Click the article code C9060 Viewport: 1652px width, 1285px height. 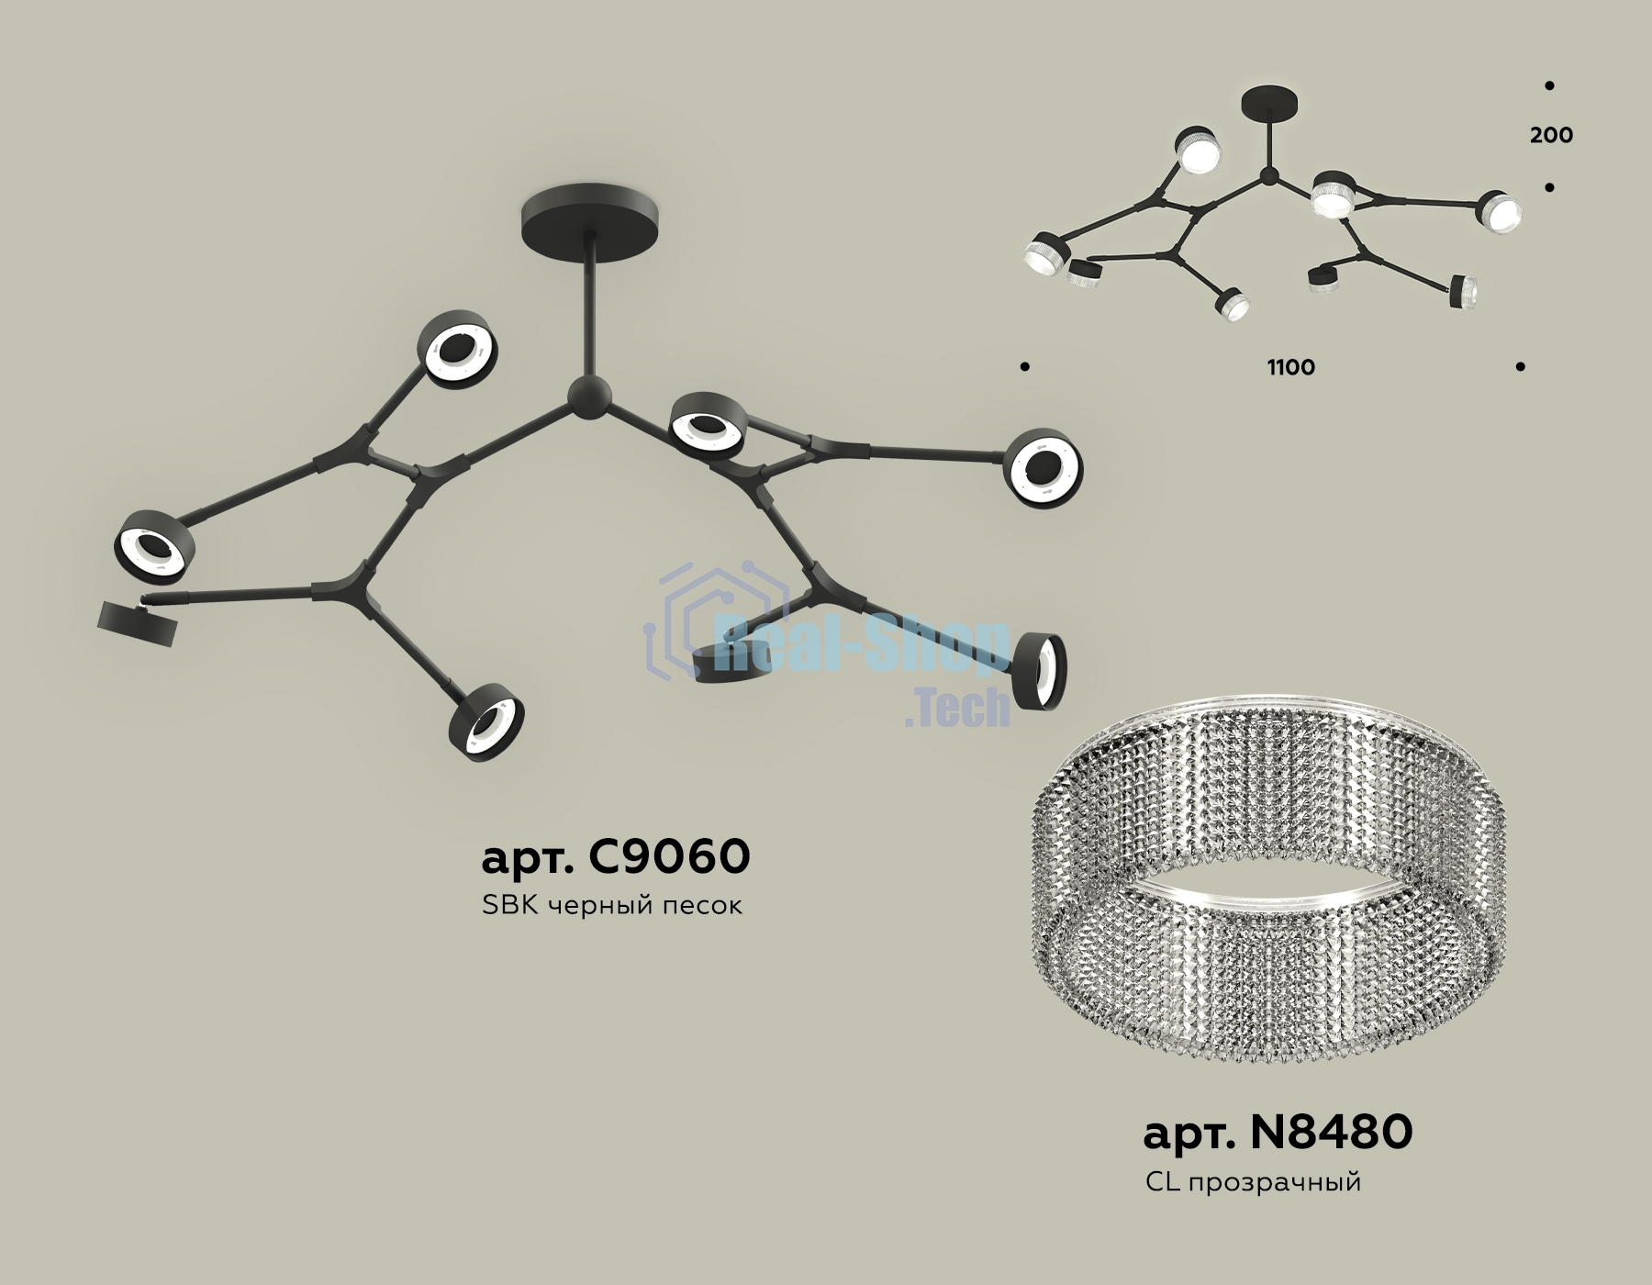[616, 857]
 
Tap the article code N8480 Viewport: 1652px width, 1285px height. [1278, 1133]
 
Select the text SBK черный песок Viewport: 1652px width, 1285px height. [611, 906]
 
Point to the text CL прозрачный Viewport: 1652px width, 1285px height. [1253, 1182]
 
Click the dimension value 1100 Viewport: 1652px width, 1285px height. [1291, 367]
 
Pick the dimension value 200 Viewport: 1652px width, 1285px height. [1551, 135]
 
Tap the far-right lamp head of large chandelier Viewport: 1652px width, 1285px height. [1044, 467]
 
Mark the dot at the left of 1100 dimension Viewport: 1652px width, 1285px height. [1025, 367]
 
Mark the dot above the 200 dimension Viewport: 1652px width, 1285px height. [1549, 85]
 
